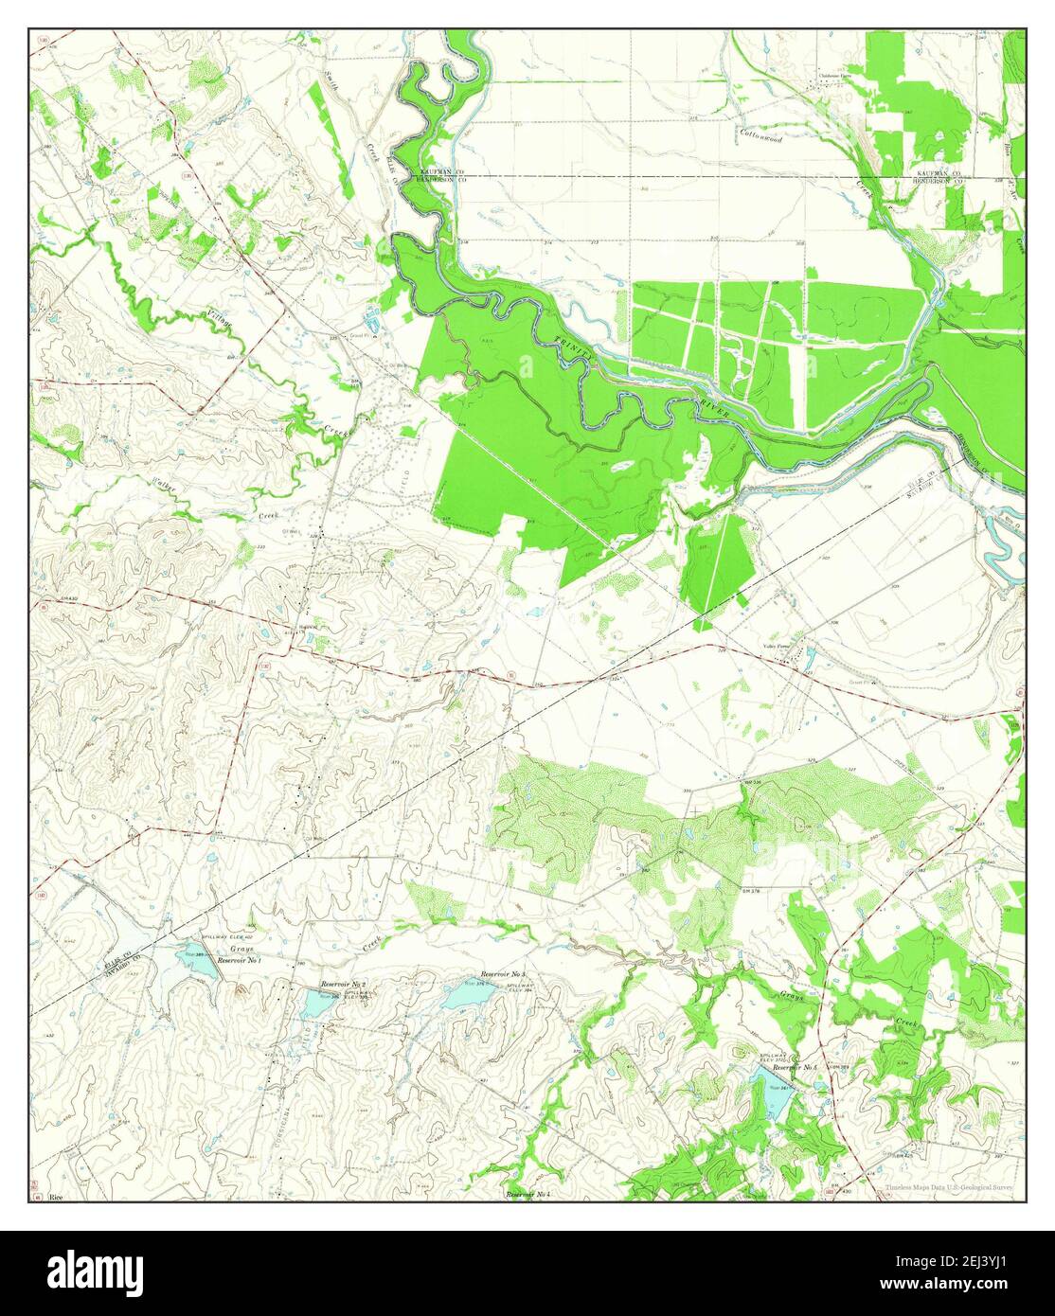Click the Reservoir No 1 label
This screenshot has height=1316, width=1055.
[x=240, y=961]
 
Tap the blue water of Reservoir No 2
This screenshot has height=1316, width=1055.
[x=315, y=1002]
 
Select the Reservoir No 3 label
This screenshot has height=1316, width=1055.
[x=503, y=974]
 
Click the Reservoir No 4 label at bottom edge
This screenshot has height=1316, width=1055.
[x=528, y=1195]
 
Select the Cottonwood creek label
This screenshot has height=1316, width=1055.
[x=761, y=138]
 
